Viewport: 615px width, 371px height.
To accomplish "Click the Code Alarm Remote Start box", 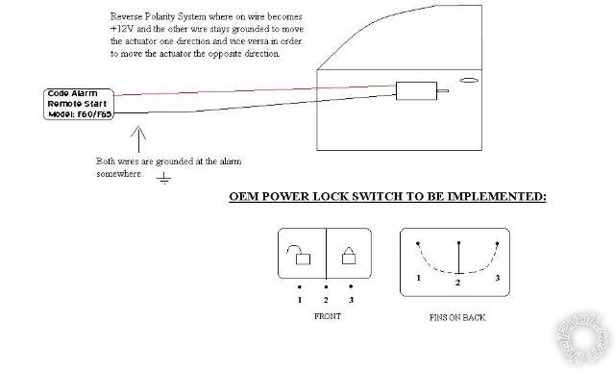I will [80, 104].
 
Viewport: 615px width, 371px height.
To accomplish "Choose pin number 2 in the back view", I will [458, 284].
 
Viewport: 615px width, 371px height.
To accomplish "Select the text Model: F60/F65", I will [80, 113].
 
